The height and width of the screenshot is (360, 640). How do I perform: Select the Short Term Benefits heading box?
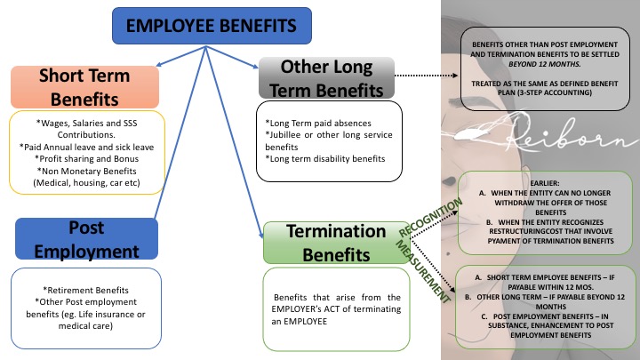(85, 87)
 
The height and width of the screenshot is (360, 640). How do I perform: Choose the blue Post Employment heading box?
(86, 239)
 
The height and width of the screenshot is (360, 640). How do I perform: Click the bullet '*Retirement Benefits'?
(85, 290)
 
